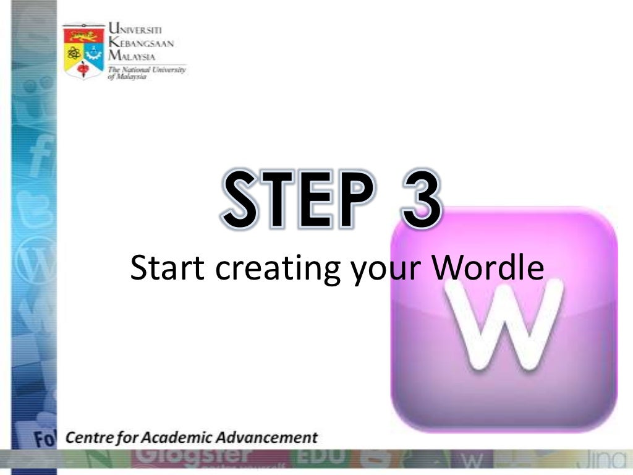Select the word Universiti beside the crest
point(137,28)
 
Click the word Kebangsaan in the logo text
point(141,42)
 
